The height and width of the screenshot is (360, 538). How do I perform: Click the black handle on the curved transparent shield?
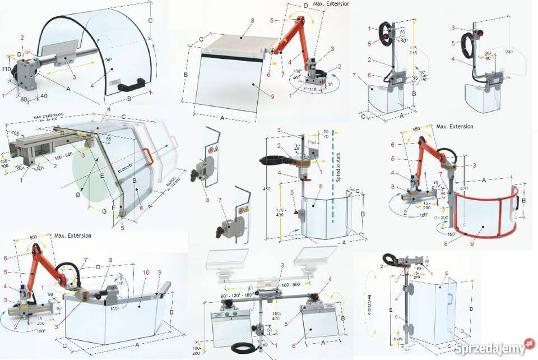132,85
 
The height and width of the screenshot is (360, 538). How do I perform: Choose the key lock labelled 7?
227,227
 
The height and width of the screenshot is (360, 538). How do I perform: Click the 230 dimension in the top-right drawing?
508,52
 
